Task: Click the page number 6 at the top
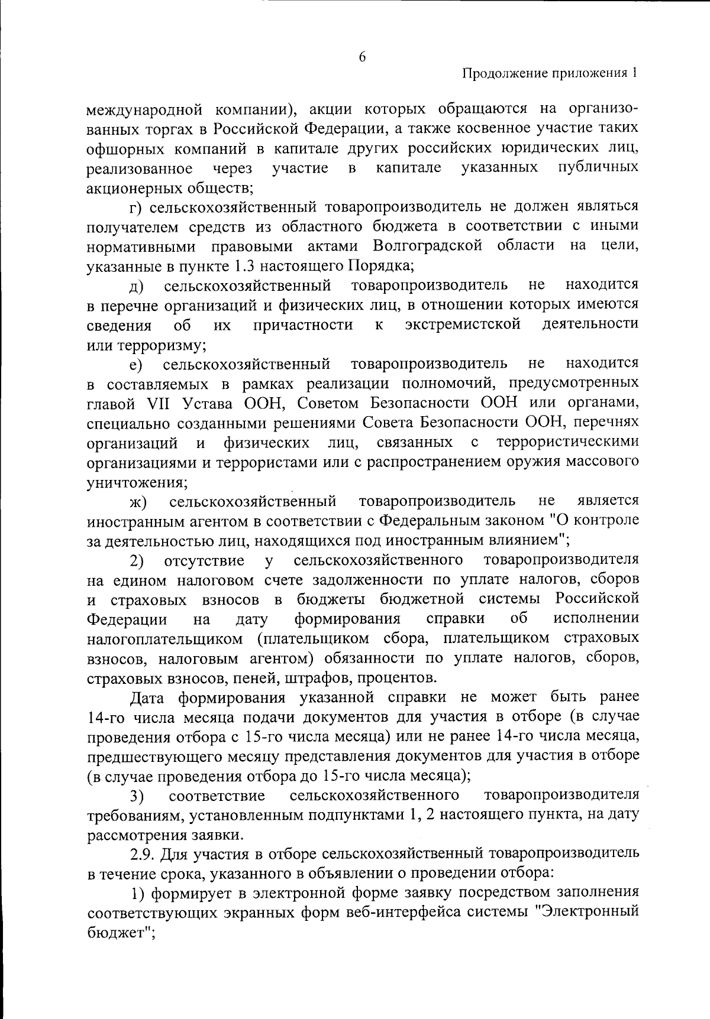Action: (362, 57)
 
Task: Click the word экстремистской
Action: (463, 324)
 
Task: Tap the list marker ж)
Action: (138, 502)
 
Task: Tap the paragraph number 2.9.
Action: (143, 854)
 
